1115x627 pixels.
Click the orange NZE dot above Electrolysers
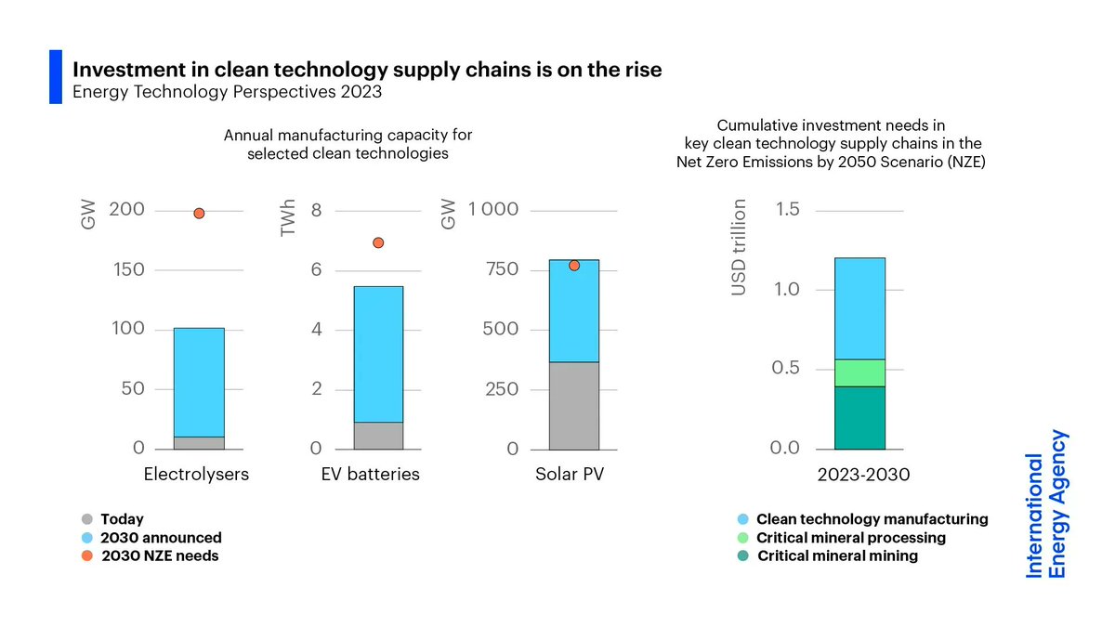(x=199, y=214)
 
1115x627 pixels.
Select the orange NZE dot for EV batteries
(x=378, y=242)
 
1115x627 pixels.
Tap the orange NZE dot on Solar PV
(x=574, y=266)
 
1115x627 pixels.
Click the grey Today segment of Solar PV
(x=574, y=406)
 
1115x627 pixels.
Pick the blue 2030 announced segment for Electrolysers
(x=199, y=382)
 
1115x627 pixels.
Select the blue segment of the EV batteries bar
(x=378, y=354)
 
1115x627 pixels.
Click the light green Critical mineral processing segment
(x=859, y=372)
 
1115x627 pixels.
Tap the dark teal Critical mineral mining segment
(x=859, y=418)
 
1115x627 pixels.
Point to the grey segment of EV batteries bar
(x=378, y=436)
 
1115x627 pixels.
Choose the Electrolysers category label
(x=196, y=475)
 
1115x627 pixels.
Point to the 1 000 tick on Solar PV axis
(x=492, y=210)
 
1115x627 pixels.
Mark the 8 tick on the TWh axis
(x=316, y=210)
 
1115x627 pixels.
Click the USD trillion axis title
(x=739, y=248)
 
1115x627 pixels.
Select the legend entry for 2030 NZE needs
(x=159, y=555)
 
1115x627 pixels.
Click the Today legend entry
(x=122, y=519)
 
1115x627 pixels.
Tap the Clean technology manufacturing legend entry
(x=872, y=519)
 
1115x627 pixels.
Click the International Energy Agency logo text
(x=1046, y=503)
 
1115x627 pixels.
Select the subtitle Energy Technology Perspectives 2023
(x=228, y=92)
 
